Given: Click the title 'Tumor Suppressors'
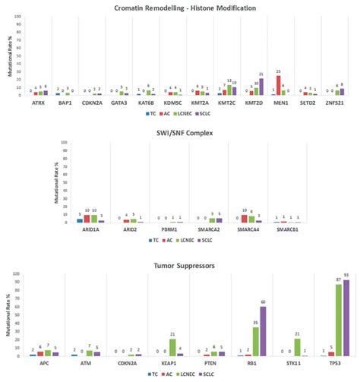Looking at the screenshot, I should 180,266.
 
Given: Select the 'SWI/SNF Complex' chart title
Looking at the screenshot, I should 179,134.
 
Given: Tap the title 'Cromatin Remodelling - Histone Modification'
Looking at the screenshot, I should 180,8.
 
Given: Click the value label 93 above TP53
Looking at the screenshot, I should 347,276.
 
